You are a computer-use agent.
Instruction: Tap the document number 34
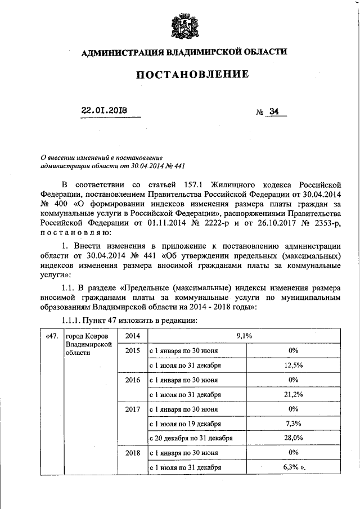click(x=274, y=111)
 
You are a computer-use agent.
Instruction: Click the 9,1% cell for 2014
click(x=244, y=336)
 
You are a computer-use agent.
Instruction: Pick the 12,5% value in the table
click(x=292, y=365)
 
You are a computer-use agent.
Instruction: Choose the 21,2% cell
click(x=292, y=394)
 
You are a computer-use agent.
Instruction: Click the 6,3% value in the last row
click(x=292, y=467)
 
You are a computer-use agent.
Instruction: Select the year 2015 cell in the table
click(x=133, y=350)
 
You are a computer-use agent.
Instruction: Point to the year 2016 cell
click(x=133, y=380)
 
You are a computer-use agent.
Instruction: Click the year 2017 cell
click(x=133, y=409)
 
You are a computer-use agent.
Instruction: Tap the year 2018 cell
click(x=133, y=453)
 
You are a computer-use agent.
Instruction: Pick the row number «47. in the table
click(x=52, y=336)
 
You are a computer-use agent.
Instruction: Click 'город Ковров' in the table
click(x=84, y=336)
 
